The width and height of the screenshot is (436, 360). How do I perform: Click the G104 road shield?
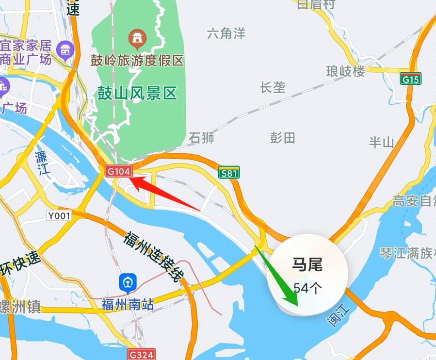[118, 171]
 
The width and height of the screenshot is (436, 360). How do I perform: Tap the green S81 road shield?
[229, 173]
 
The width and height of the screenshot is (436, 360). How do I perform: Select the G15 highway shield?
[411, 79]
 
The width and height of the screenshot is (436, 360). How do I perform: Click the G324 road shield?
[141, 354]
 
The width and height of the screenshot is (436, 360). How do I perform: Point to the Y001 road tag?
[59, 215]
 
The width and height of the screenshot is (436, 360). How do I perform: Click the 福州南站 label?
[128, 305]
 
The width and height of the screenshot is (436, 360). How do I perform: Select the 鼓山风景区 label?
[137, 93]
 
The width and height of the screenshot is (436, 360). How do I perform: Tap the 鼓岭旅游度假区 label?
[137, 61]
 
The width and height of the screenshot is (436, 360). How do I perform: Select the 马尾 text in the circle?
[307, 265]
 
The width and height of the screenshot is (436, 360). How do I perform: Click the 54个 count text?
[307, 288]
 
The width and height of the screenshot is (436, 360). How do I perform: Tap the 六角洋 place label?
[226, 33]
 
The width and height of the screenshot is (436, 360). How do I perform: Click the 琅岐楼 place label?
[345, 71]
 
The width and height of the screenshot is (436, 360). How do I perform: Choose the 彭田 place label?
[282, 137]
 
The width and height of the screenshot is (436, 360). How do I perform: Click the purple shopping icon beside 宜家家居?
[65, 49]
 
